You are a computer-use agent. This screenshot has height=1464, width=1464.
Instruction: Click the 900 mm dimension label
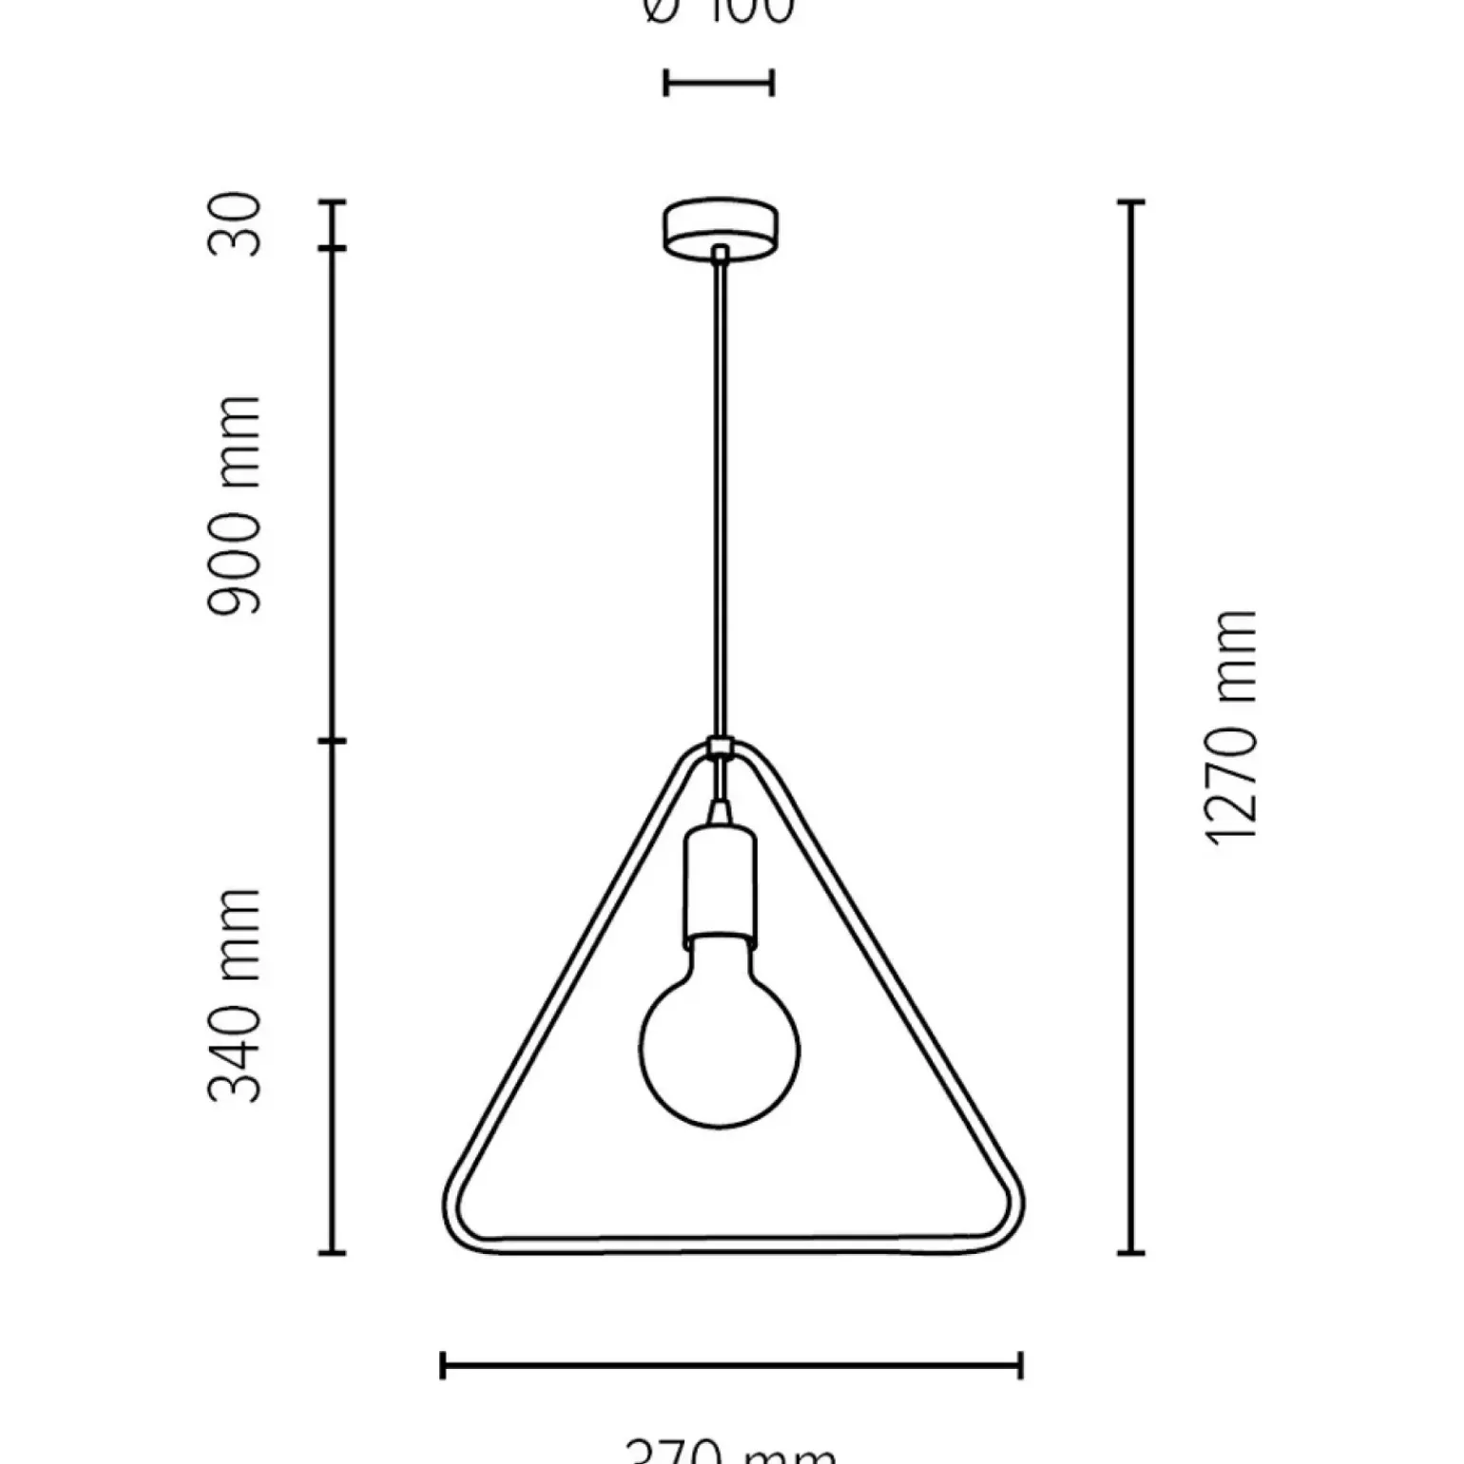[234, 506]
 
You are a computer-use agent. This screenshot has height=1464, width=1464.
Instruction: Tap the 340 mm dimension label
[234, 995]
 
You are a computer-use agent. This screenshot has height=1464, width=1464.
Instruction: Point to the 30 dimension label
[234, 224]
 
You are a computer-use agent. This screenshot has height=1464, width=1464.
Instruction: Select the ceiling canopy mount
[720, 226]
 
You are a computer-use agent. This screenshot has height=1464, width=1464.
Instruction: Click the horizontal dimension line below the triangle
[731, 1366]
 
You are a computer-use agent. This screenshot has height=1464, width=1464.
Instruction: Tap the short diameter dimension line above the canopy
[719, 84]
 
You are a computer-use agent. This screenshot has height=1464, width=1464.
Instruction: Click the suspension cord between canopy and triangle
[721, 494]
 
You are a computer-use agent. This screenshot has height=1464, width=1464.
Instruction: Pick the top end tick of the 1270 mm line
[1130, 202]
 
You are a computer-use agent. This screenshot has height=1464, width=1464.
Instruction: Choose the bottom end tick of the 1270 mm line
[1130, 1253]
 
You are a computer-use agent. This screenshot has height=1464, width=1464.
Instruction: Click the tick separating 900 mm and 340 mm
[332, 741]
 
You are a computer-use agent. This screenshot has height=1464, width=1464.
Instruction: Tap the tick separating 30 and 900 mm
[332, 249]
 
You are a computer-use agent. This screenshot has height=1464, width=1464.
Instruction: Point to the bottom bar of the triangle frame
[731, 1245]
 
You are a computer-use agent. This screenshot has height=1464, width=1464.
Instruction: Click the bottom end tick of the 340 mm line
[332, 1253]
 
